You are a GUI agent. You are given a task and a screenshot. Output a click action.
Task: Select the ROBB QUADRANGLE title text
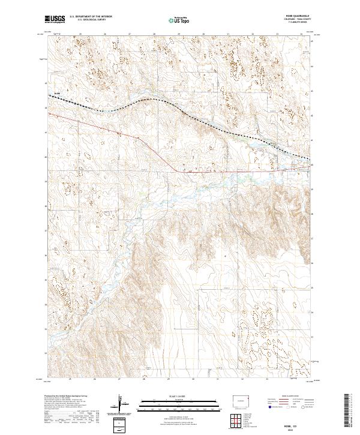point(298,17)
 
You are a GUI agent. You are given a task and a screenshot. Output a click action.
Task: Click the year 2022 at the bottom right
point(298,430)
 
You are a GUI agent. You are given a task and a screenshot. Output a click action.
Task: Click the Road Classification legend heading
point(298,397)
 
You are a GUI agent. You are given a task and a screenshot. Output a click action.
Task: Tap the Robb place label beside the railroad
point(57,93)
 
